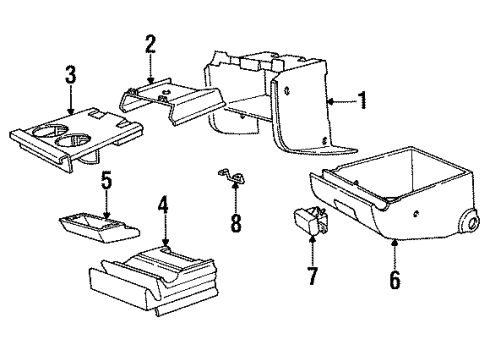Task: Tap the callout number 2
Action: click(x=149, y=44)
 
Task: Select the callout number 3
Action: click(x=70, y=74)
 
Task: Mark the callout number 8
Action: click(x=236, y=222)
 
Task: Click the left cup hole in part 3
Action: click(x=49, y=133)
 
